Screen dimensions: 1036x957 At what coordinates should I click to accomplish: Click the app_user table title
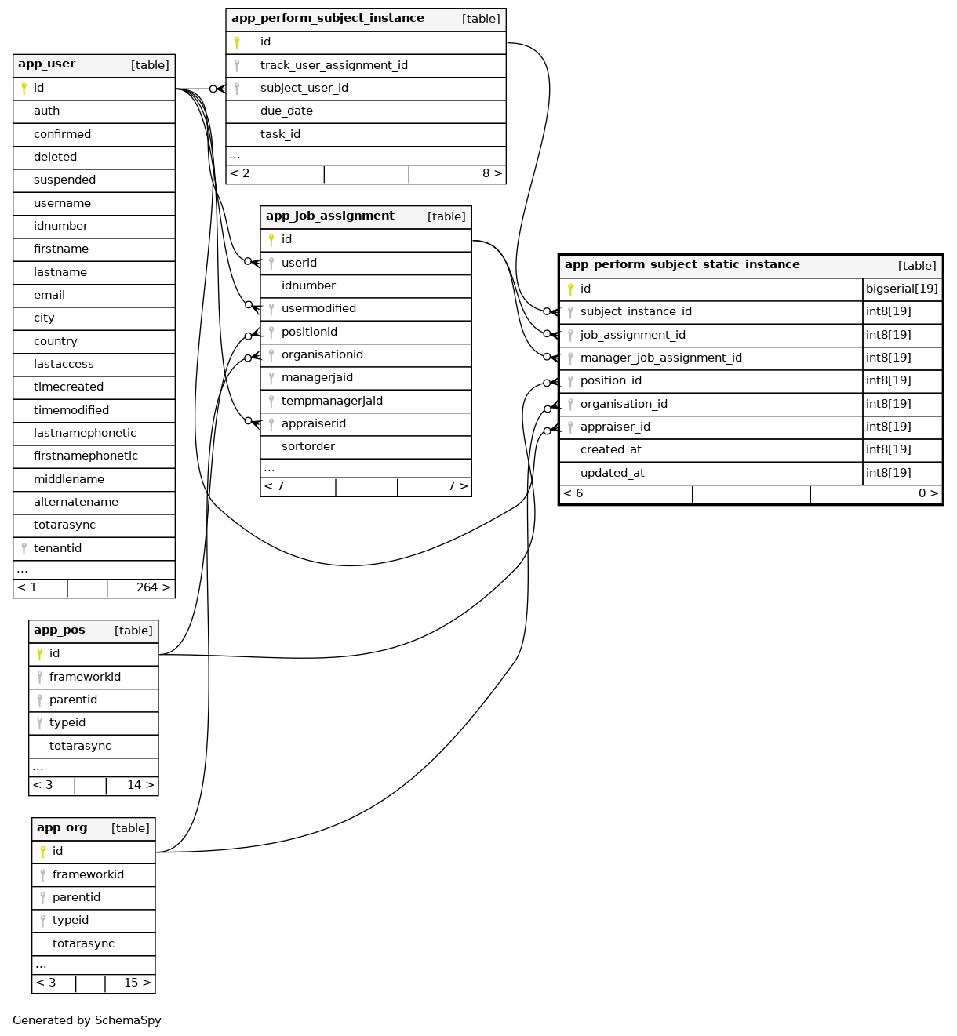(x=47, y=64)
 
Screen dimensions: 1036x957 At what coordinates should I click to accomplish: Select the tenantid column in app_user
(x=57, y=548)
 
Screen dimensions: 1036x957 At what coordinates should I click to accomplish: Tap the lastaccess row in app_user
(x=64, y=364)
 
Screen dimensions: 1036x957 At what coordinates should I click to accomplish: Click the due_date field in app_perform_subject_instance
(x=286, y=111)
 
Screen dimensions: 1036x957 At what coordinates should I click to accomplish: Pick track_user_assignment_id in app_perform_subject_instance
(x=333, y=65)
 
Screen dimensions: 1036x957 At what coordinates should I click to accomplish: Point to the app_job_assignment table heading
(x=330, y=216)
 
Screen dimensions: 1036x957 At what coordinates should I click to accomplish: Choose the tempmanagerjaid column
(x=332, y=401)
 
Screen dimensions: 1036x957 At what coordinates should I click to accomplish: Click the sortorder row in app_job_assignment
(x=308, y=446)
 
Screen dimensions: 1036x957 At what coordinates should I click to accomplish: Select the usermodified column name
(x=318, y=309)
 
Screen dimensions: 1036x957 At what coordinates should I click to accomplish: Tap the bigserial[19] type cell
(x=901, y=289)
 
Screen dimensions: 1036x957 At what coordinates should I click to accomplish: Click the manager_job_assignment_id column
(x=660, y=358)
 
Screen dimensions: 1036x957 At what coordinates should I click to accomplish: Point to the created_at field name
(x=610, y=449)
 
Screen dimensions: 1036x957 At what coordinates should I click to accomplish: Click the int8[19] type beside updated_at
(x=889, y=473)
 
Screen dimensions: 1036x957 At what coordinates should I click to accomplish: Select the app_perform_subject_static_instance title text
(x=682, y=265)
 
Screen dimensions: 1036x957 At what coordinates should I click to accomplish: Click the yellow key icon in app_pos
(x=40, y=654)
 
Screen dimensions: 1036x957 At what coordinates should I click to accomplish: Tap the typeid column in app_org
(x=71, y=920)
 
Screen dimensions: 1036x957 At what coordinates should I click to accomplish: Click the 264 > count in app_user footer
(x=153, y=587)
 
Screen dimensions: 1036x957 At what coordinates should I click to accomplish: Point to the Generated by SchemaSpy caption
(x=87, y=1020)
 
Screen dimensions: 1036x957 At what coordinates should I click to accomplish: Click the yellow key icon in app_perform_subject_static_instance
(x=570, y=289)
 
